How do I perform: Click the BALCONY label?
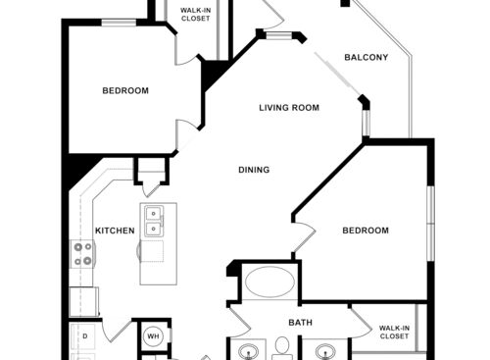(367, 57)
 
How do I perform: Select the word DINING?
(254, 170)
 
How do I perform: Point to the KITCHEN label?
(115, 231)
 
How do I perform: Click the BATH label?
(300, 322)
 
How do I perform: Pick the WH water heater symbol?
(153, 335)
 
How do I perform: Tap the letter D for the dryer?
(85, 336)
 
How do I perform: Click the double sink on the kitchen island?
(154, 222)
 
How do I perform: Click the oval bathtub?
(267, 283)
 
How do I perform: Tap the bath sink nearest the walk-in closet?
(326, 349)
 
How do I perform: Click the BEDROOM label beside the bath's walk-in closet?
(365, 231)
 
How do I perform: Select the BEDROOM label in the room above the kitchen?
(125, 91)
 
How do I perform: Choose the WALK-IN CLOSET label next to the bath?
(394, 332)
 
